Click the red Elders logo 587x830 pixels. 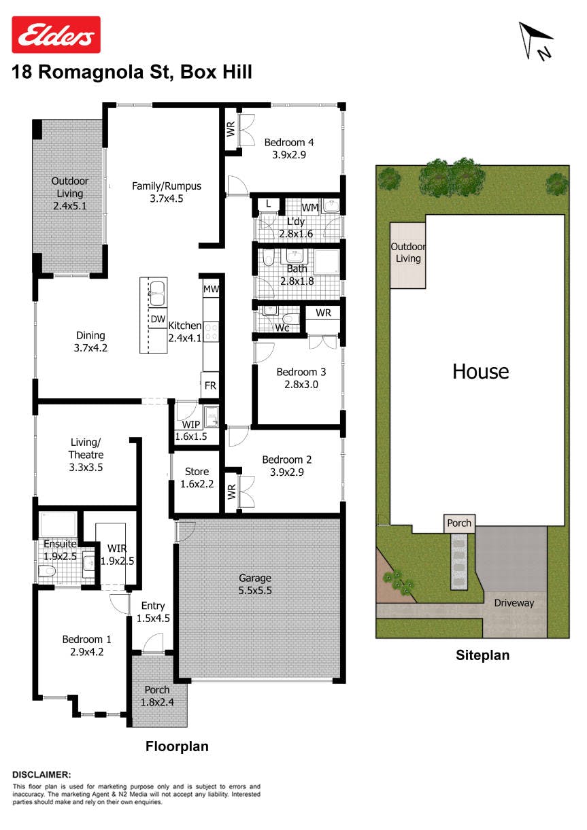[56, 35]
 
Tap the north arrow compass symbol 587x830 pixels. [536, 41]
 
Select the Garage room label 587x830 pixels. [255, 578]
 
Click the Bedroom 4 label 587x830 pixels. [289, 142]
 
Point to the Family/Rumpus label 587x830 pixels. [167, 186]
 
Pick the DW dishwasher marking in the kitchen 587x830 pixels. [158, 319]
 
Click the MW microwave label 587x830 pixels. [211, 290]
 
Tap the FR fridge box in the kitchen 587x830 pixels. [210, 385]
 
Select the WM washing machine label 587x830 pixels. [310, 208]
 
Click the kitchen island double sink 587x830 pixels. [158, 294]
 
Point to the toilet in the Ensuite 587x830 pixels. [48, 571]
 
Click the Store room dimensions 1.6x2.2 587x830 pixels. [197, 484]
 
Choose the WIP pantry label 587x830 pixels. [191, 425]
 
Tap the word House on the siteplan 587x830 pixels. [481, 371]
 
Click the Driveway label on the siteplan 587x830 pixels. [514, 603]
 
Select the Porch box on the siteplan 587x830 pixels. [459, 523]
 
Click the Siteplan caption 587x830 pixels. [482, 655]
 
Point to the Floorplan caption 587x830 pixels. [177, 746]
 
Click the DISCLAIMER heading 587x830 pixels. [41, 774]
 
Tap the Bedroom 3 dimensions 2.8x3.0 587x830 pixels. [301, 384]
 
